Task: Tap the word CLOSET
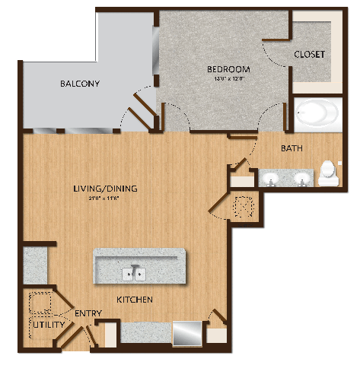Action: pos(310,55)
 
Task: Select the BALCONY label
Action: pos(80,84)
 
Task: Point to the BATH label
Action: pos(293,148)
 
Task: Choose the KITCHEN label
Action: pos(135,300)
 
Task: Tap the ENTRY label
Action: pos(88,313)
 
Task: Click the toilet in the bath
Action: pos(329,173)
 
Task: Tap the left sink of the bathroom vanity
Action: pos(271,179)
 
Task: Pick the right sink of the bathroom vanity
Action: pos(302,179)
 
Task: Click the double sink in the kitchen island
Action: pos(135,272)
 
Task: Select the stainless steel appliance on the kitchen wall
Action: pos(186,333)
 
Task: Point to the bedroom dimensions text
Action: pos(228,78)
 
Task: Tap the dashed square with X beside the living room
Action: pos(243,205)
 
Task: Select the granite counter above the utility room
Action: pos(35,263)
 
